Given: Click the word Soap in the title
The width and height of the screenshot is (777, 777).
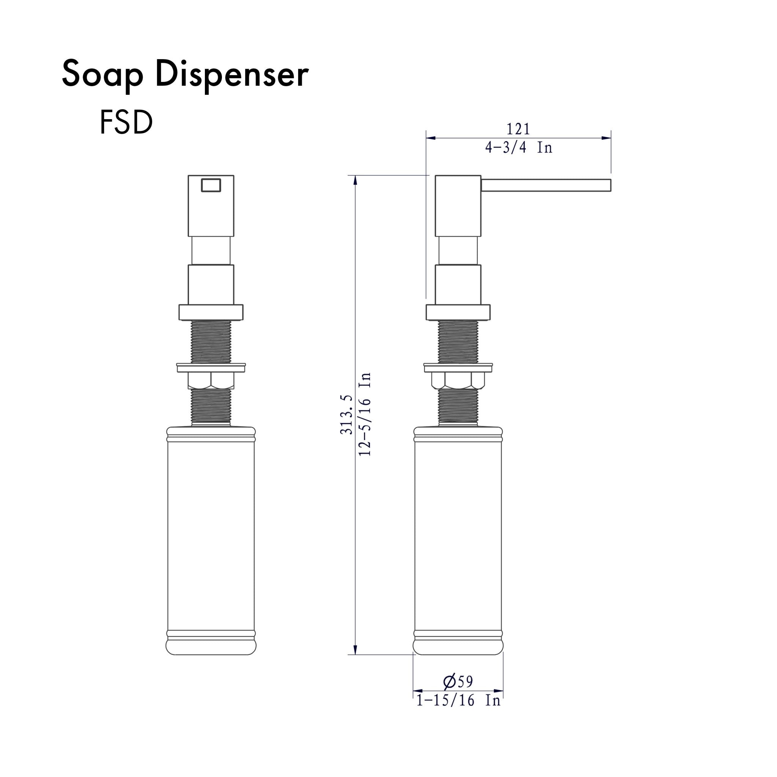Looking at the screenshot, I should tap(102, 75).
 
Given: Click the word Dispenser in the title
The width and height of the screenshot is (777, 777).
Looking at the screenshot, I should tap(232, 75).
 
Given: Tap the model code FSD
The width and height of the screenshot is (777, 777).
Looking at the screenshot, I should tap(126, 123).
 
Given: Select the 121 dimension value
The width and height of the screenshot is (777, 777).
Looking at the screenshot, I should tap(518, 129).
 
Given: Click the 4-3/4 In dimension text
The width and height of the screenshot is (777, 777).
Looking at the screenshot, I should tap(518, 148).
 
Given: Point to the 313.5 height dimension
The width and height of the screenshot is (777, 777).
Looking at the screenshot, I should tap(346, 414).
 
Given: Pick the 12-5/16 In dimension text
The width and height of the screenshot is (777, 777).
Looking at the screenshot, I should tap(364, 414).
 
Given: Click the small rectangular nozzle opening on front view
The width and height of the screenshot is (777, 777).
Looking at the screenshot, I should tap(211, 185).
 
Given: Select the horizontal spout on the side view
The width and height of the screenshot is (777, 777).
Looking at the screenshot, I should tap(546, 185).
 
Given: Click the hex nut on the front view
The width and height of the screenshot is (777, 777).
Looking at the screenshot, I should tap(211, 381).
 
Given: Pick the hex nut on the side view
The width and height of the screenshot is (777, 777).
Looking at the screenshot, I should tap(458, 381).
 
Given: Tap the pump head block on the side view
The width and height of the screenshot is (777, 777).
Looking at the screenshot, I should tap(458, 206).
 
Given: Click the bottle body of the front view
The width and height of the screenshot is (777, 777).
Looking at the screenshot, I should tap(211, 535).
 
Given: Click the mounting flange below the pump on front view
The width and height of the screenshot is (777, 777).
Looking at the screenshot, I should tap(211, 312).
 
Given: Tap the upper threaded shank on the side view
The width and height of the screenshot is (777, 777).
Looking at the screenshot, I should tap(458, 341).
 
